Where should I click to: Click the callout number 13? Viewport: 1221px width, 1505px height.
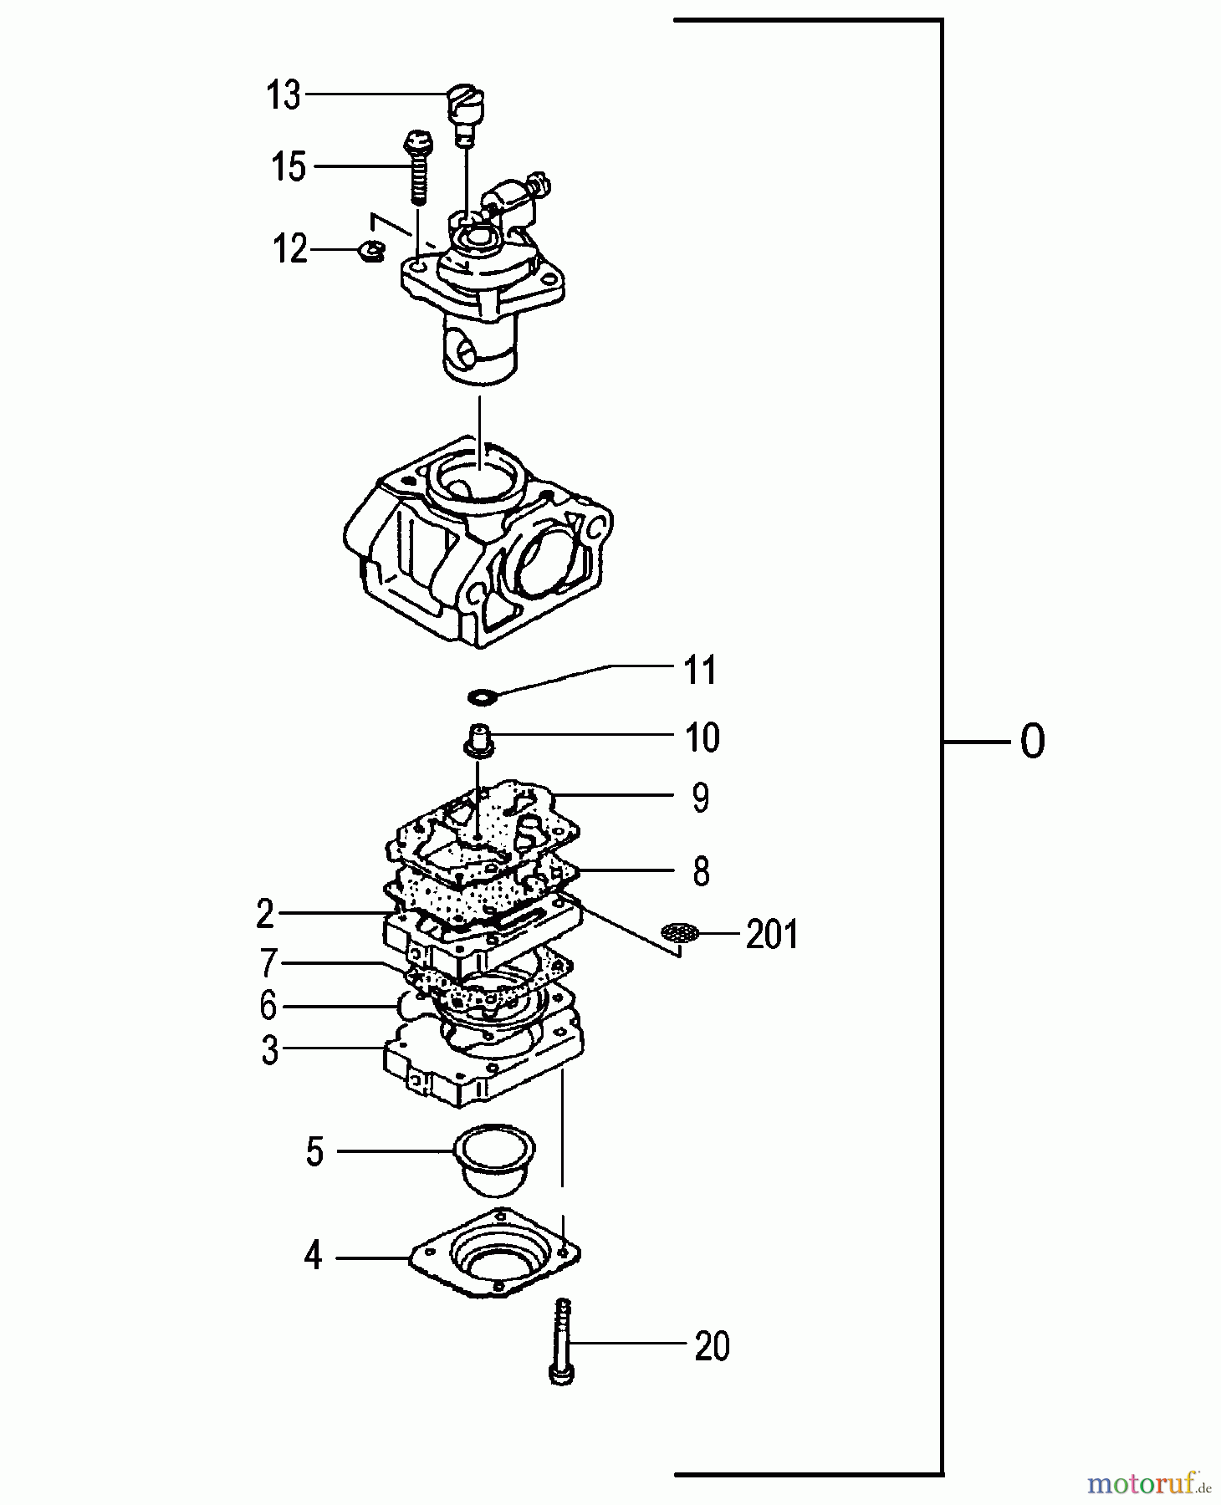coord(284,95)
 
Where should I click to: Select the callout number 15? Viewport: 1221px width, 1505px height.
coord(289,167)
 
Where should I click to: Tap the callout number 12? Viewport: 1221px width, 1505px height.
coord(291,249)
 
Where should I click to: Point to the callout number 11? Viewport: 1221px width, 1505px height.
coord(700,671)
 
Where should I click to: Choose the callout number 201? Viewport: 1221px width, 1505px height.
coord(772,935)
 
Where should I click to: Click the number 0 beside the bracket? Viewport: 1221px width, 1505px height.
coord(1033,742)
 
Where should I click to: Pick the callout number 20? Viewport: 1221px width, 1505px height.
coord(712,1346)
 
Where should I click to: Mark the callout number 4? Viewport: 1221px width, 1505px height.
coord(313,1256)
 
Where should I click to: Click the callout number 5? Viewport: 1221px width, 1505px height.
coord(314,1151)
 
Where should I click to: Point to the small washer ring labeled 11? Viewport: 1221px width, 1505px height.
coord(483,695)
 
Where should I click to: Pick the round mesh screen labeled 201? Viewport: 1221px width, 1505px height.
coord(679,932)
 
